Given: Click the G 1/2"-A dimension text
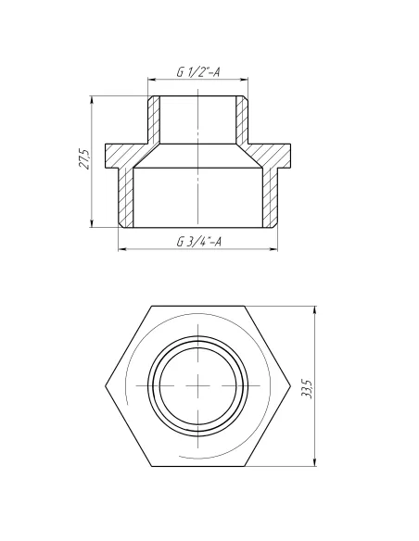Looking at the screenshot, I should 197,73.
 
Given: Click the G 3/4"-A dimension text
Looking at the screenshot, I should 197,242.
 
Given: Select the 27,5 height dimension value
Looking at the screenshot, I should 83,159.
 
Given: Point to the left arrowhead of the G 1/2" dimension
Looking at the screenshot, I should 151,82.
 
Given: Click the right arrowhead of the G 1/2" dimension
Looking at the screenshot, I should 247,82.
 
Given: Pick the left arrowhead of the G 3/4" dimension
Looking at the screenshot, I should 120,248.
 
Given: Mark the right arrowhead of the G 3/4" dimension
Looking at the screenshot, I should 277,248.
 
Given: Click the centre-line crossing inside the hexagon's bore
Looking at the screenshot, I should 197,385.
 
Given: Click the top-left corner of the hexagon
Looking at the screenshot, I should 149,307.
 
